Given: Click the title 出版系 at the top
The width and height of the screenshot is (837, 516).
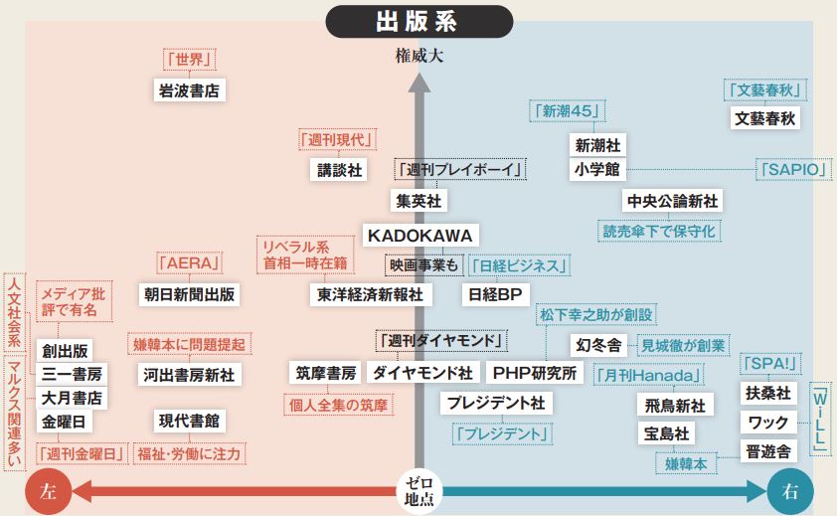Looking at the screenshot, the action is coord(418,21).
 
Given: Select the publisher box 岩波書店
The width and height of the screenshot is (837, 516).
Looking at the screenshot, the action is coord(188,90).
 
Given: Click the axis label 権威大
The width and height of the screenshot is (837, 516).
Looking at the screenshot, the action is coord(418,56).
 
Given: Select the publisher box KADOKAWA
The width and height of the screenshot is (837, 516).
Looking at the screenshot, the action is coord(420,235).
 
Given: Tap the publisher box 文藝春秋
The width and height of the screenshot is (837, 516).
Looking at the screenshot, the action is coord(764,117).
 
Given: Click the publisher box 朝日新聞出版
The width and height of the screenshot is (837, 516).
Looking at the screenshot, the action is coord(190,294).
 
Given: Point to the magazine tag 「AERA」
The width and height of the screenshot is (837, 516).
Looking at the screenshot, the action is coord(189,264).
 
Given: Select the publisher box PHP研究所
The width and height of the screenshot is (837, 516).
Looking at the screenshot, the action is coord(535,373).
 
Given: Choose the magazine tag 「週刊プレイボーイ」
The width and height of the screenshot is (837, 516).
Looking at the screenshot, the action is coord(459,170).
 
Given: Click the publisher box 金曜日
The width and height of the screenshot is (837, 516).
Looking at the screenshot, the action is coord(65,422).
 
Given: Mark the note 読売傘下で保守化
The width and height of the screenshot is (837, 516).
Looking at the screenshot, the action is coord(659,231).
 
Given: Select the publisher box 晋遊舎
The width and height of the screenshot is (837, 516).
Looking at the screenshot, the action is coord(768,450).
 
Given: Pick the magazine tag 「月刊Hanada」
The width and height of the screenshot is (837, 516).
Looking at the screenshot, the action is coord(648,375).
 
